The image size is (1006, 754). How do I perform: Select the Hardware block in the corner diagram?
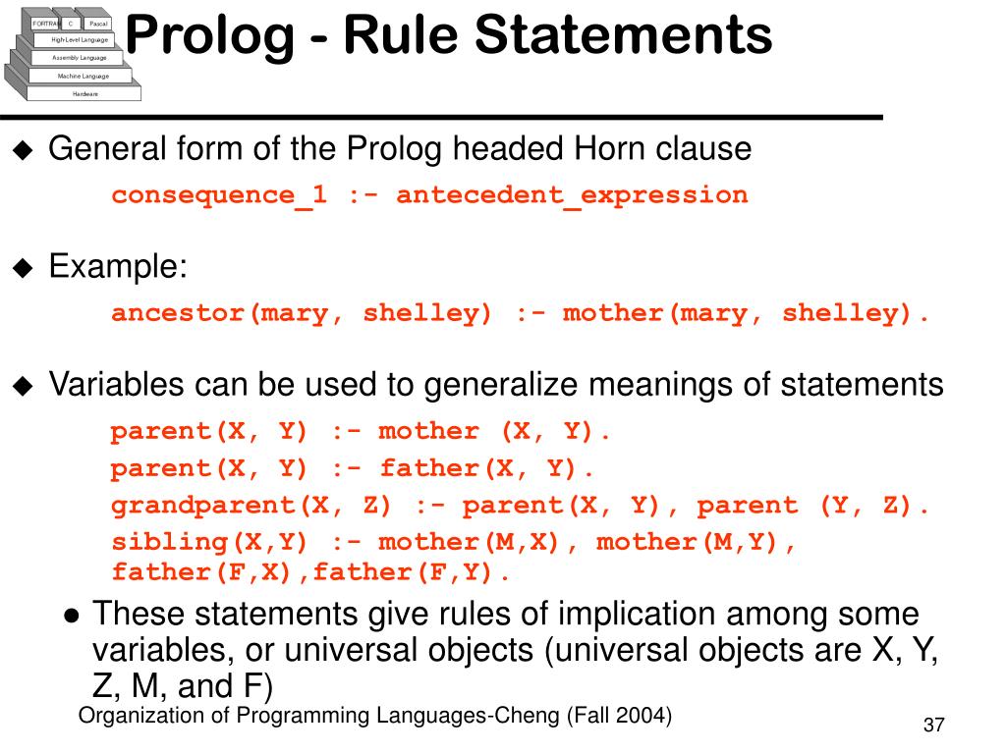84,93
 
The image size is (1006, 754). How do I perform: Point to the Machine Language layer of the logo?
83,76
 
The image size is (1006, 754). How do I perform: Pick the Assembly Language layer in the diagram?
80,58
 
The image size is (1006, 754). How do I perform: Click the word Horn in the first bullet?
612,149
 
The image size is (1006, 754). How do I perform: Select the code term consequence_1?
219,194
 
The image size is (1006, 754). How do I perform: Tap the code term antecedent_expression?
572,194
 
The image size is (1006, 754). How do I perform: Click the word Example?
118,266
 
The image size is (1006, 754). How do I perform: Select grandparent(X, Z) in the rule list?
251,506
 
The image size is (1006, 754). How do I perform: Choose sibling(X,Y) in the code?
209,542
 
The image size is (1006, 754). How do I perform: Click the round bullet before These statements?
72,618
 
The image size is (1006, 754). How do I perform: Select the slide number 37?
933,726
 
